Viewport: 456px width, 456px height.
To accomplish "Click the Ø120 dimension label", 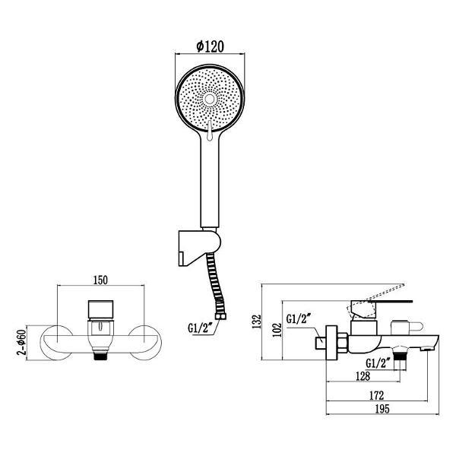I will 209,45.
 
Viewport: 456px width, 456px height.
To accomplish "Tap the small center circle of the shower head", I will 209,100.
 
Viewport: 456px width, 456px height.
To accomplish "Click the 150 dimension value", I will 100,280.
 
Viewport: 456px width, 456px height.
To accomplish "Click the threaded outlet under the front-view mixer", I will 100,353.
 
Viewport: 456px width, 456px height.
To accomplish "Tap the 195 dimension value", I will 382,410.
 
